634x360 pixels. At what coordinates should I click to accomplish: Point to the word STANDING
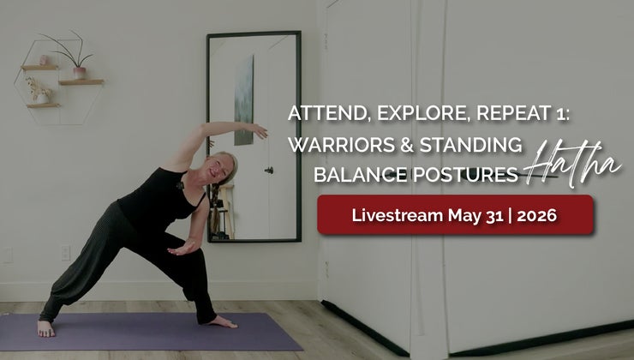[470, 144]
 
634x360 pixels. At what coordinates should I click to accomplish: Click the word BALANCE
[361, 175]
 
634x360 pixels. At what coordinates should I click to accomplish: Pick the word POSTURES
[465, 175]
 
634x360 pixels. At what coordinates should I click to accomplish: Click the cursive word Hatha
[572, 164]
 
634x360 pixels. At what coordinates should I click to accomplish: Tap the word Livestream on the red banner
[397, 215]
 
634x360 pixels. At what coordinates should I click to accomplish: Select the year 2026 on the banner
[536, 216]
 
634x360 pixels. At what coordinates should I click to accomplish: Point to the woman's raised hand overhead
[258, 130]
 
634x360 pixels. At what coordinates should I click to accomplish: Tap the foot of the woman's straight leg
[45, 328]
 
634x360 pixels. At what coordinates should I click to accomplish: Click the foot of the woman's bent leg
[222, 322]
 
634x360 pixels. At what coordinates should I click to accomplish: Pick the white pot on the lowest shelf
[43, 99]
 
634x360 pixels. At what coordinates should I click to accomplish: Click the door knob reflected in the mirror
[268, 171]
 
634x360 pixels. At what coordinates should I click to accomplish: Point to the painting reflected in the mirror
[244, 100]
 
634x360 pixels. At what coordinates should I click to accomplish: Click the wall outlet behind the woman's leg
[65, 253]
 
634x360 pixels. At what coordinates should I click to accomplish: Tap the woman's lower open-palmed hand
[182, 248]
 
